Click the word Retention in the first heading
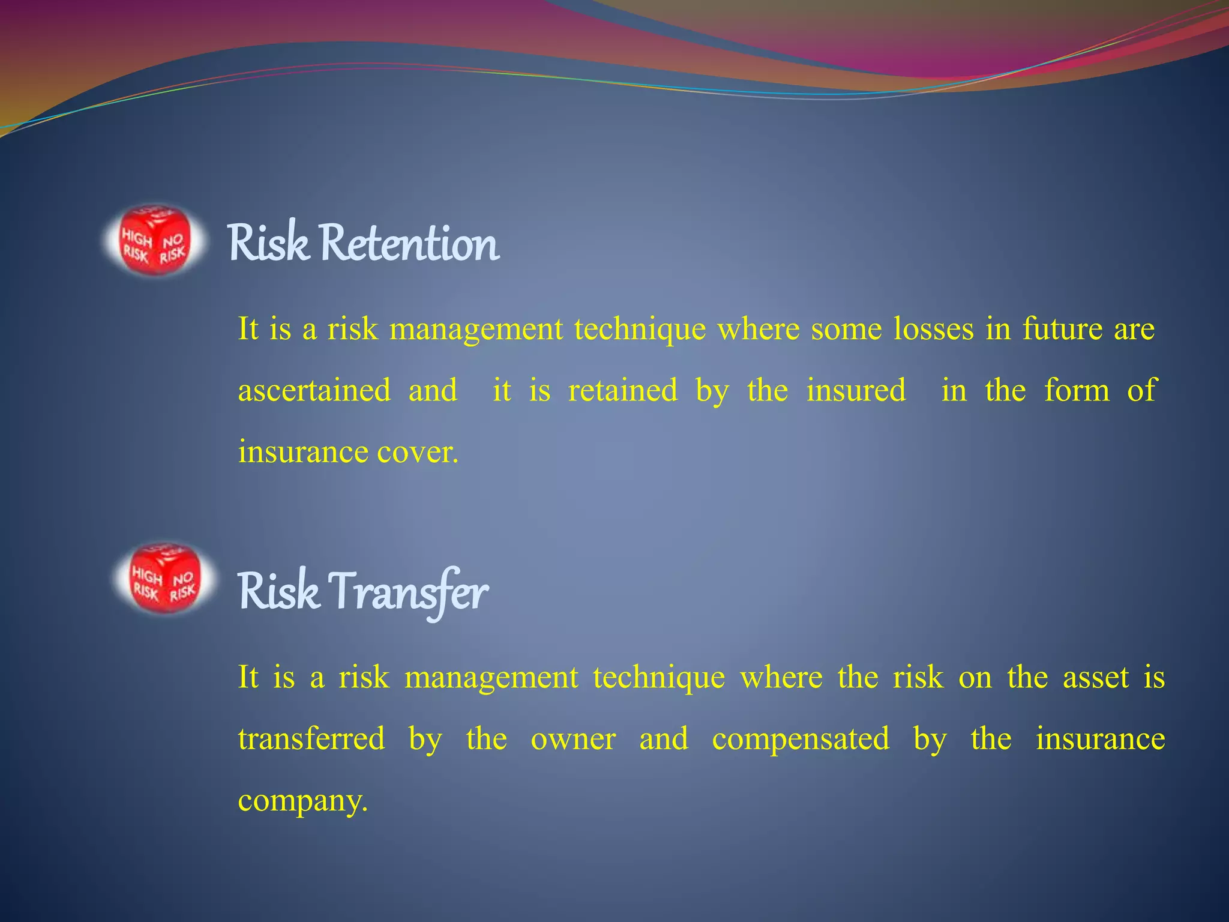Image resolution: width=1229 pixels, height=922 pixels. [409, 243]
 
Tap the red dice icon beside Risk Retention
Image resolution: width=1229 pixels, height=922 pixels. [155, 240]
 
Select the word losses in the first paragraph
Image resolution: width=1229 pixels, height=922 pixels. [933, 328]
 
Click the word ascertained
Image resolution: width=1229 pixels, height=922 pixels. [314, 390]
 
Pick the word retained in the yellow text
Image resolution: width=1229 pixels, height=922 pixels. [623, 390]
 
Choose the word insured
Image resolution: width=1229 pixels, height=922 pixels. [856, 390]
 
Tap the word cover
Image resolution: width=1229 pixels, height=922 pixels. [417, 452]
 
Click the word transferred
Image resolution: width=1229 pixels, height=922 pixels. [311, 738]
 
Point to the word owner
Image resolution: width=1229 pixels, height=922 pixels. [573, 738]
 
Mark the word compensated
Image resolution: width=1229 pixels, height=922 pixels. [801, 740]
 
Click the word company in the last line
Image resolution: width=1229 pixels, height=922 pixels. [302, 801]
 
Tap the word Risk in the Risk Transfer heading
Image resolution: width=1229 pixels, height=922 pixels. [278, 592]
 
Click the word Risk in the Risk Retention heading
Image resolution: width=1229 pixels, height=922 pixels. [268, 243]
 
